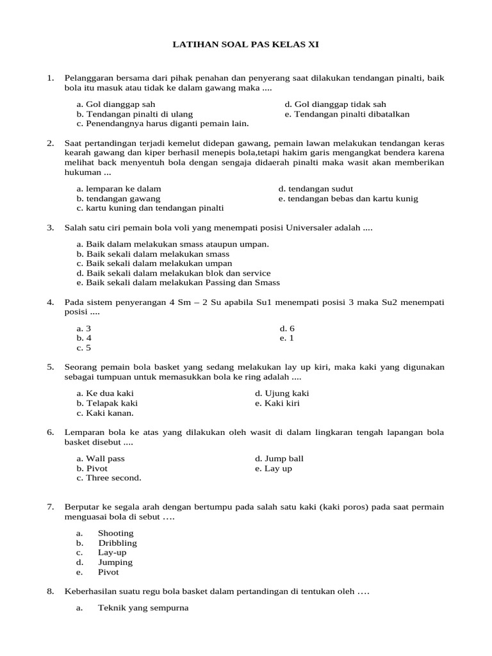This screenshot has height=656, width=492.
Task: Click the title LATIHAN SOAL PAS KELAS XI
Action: coord(246,45)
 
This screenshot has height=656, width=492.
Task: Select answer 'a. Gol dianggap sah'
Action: coord(115,104)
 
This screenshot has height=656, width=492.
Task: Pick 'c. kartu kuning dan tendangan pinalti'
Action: coord(150,208)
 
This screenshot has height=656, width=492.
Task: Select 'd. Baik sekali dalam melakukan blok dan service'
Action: coord(173,273)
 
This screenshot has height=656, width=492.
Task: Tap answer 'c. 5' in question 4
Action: coord(84,348)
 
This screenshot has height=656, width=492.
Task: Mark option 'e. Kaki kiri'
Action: coord(277,404)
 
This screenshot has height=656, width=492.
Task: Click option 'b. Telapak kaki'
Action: coord(107,404)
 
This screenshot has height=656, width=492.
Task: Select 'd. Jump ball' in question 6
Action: coord(279,459)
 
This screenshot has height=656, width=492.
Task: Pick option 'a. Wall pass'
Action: coord(101,459)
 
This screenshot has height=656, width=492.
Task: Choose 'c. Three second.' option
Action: coord(109,478)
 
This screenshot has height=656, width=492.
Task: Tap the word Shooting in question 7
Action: coord(115,533)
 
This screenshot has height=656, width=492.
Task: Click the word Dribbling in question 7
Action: coord(117,543)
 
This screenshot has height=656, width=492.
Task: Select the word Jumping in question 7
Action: coord(115,562)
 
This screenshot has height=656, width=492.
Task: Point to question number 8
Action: coord(50,592)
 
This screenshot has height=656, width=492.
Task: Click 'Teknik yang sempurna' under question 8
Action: coord(143,609)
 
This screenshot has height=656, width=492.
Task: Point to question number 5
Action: coord(50,366)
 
